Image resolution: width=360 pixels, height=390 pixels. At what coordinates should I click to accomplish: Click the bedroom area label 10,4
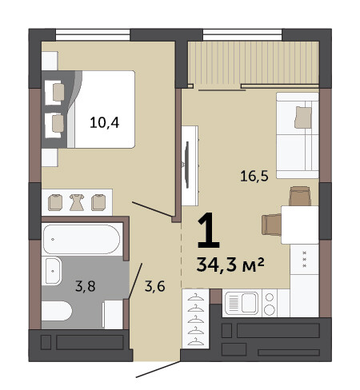coord(104,123)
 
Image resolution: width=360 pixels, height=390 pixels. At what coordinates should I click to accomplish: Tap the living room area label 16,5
coord(254,176)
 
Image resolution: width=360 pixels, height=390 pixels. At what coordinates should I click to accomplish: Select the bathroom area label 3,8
coord(86,286)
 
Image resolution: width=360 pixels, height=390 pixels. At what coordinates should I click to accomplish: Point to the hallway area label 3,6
coord(155,286)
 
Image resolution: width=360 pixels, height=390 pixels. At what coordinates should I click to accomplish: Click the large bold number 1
coord(209,230)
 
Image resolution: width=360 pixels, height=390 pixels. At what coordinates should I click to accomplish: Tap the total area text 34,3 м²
coord(230,265)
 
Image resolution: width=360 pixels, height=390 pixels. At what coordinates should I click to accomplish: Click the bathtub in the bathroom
coord(82,239)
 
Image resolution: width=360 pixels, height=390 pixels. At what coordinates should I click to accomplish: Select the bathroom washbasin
coord(53,271)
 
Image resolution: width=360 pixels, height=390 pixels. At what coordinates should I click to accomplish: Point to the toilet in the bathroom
coord(57,311)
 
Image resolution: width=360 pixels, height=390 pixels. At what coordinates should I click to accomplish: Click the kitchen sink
coord(242,303)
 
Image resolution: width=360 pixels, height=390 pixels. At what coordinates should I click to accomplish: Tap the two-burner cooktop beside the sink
coord(270,303)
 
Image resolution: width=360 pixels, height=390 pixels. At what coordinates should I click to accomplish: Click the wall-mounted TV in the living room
coord(187,165)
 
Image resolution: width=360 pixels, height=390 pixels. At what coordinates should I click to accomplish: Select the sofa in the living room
coord(298,135)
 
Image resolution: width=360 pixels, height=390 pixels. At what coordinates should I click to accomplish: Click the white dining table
coord(300,225)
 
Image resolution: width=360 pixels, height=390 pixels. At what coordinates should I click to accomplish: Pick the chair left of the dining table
coord(271,225)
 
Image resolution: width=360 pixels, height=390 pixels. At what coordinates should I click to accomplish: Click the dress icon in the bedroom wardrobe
coord(77,202)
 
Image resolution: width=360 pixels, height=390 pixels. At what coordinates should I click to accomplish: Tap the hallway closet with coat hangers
coord(195,319)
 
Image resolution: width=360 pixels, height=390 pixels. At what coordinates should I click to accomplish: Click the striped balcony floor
coord(254,62)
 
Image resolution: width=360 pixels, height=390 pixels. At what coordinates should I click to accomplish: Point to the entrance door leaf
coord(158,369)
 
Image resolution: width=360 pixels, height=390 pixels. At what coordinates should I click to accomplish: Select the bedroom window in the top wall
coord(93,34)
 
